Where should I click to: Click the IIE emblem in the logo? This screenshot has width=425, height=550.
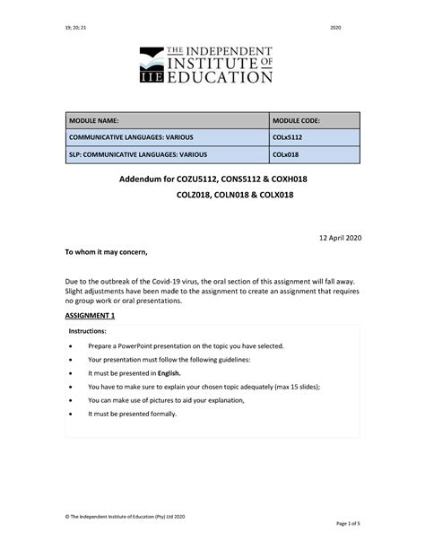click(x=153, y=66)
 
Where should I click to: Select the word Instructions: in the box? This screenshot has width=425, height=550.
click(x=88, y=331)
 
